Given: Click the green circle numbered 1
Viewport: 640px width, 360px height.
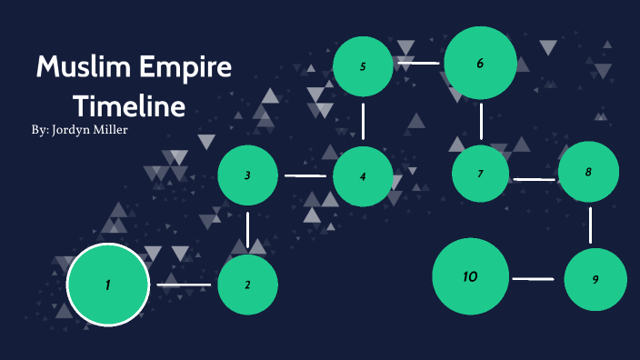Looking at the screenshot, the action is [x=107, y=285].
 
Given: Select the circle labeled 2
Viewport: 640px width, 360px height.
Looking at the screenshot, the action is [x=247, y=285].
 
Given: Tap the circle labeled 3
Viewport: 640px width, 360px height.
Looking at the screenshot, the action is [x=247, y=175].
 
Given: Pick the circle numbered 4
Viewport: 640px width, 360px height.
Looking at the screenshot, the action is [x=363, y=175].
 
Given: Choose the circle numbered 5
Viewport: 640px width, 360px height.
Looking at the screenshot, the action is [x=363, y=66].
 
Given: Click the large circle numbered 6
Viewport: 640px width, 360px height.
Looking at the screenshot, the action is [x=480, y=63].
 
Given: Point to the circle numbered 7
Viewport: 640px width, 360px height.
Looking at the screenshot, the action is [x=481, y=174].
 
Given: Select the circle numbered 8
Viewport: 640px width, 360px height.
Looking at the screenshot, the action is [x=588, y=172].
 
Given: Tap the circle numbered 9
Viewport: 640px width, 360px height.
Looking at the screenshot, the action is [x=595, y=279].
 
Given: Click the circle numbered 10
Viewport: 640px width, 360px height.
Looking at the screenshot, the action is [x=470, y=276].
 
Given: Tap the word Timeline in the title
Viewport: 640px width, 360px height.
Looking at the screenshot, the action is [x=130, y=105].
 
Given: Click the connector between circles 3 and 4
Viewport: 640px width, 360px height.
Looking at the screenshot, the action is [x=305, y=175].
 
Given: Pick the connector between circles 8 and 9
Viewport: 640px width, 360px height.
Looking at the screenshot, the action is [x=591, y=225].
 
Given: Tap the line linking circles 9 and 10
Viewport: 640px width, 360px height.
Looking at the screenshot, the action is [x=533, y=278].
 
